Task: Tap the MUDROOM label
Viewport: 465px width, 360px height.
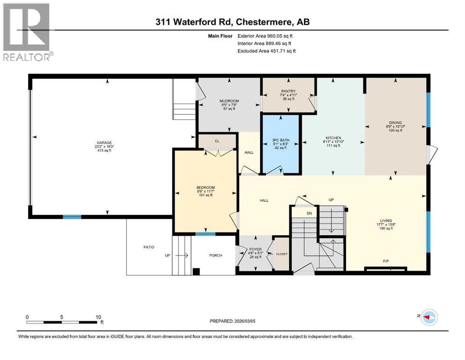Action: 229,101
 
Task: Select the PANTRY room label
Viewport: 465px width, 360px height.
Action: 288,91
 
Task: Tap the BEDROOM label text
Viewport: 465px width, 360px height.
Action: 205,187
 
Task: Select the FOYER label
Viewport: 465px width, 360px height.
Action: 255,249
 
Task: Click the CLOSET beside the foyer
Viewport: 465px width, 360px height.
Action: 282,254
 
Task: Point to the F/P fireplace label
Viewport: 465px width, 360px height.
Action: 386,261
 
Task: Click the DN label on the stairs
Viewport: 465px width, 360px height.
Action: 309,213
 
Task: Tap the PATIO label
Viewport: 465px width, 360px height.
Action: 149,247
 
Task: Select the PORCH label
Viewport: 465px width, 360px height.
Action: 215,255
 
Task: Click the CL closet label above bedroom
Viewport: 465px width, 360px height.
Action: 217,141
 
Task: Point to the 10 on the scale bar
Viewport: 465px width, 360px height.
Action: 98,317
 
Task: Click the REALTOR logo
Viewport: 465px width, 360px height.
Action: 27,32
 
